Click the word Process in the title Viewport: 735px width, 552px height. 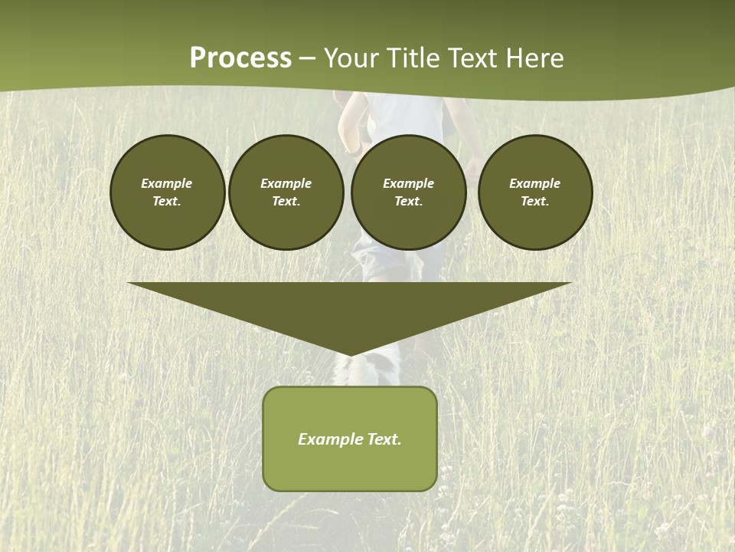tap(240, 58)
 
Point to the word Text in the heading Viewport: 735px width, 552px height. tap(473, 58)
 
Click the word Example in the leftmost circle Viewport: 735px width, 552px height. tap(167, 183)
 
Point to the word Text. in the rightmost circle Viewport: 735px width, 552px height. tap(535, 201)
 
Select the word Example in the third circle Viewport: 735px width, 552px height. tap(408, 183)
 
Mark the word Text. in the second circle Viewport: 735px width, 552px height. tap(286, 201)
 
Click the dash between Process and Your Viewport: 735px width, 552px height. tap(308, 59)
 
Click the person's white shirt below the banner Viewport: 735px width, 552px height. tap(406, 115)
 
